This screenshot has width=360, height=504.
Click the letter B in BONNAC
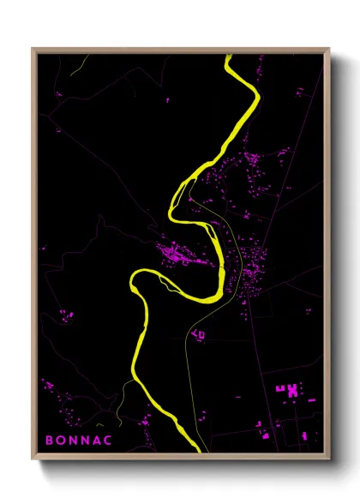point(50,440)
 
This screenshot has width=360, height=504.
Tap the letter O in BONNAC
point(62,440)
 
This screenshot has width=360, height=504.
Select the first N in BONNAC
point(75,440)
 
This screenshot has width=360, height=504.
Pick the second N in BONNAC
point(87,440)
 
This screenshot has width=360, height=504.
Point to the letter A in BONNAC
point(100,440)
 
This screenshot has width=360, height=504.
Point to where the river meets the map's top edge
point(230,57)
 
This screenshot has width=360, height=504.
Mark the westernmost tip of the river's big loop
point(132,282)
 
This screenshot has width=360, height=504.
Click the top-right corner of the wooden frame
point(329,49)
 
